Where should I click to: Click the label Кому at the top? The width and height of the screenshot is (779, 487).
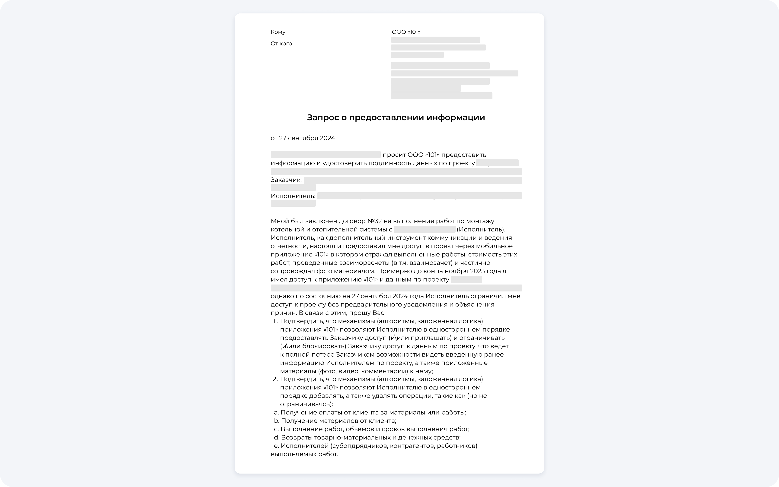[278, 32]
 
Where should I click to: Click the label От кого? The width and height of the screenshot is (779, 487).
[281, 44]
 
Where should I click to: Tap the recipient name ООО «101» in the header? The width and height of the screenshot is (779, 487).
[406, 32]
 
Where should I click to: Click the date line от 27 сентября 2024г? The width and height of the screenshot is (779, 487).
[304, 138]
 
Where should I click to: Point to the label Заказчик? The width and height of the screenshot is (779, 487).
[286, 180]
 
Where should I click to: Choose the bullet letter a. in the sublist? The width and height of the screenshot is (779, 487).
[276, 412]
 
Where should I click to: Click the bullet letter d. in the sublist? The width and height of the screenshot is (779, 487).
[276, 437]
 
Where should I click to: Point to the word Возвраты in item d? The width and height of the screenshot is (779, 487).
[296, 437]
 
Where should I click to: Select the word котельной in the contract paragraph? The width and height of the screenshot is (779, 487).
[286, 229]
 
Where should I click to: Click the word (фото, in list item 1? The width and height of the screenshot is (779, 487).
[327, 371]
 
